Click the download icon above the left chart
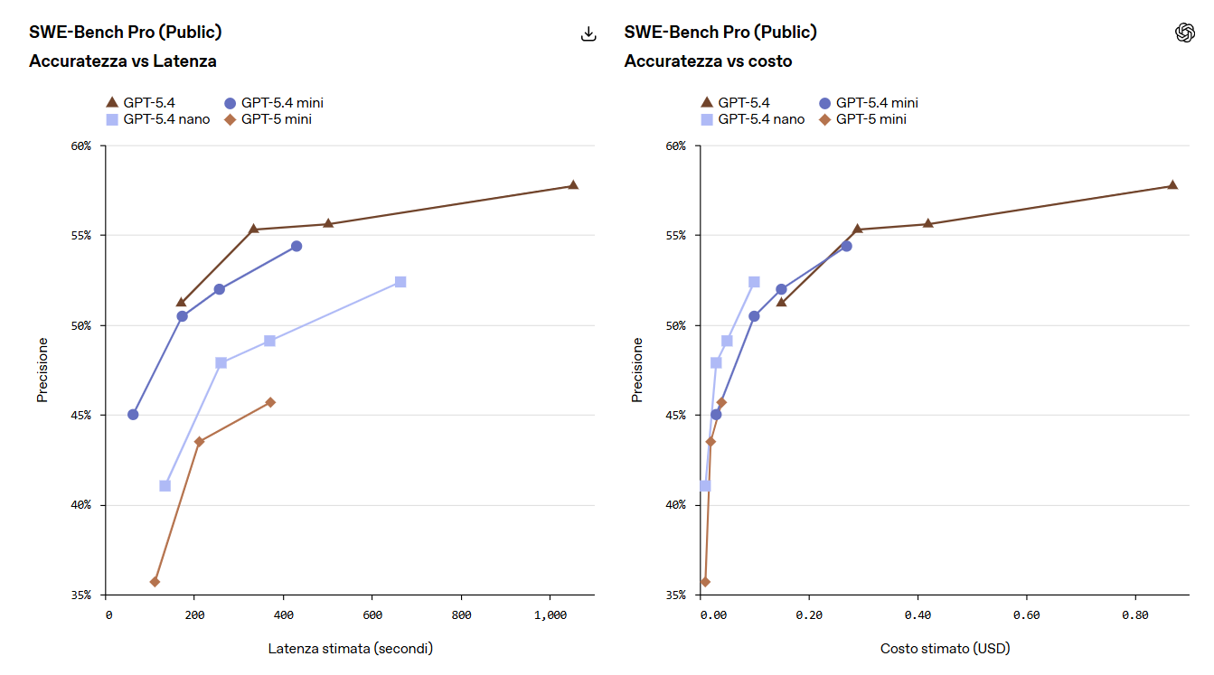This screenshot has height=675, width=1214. coord(588,33)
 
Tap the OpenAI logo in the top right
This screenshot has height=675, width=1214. coord(1184,33)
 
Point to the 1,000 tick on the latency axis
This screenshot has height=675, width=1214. coord(550,614)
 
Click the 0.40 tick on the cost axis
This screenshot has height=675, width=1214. coord(917,614)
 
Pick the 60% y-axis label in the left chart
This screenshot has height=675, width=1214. coord(80,145)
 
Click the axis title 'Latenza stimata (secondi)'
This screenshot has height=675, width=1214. coord(350,649)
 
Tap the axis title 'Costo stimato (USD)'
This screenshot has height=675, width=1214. coord(945,649)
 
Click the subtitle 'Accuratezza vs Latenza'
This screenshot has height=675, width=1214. coord(122,61)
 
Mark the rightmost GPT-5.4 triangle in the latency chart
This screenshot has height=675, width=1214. coord(573,185)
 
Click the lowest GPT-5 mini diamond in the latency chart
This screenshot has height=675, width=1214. coord(155,582)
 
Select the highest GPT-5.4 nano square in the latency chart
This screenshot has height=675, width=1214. coord(400,282)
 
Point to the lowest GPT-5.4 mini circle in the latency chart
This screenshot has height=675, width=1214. coord(133,415)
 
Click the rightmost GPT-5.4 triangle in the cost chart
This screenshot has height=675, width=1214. coord(1172,185)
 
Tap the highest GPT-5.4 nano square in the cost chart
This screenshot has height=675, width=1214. coord(754,282)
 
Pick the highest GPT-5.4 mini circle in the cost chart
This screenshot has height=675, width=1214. coord(846,246)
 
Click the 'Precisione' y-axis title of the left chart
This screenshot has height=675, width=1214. coord(42,370)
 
